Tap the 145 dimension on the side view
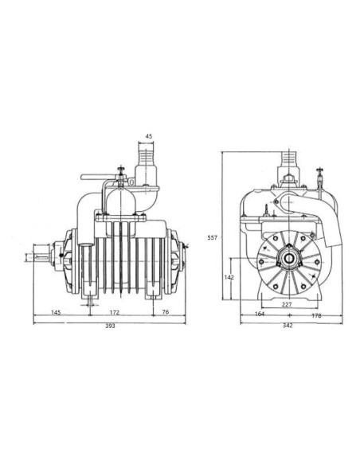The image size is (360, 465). pyautogui.click(x=57, y=311)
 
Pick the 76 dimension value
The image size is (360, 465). pyautogui.click(x=166, y=311)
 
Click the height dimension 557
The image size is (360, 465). pyautogui.click(x=211, y=237)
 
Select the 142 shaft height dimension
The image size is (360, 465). pyautogui.click(x=229, y=277)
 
